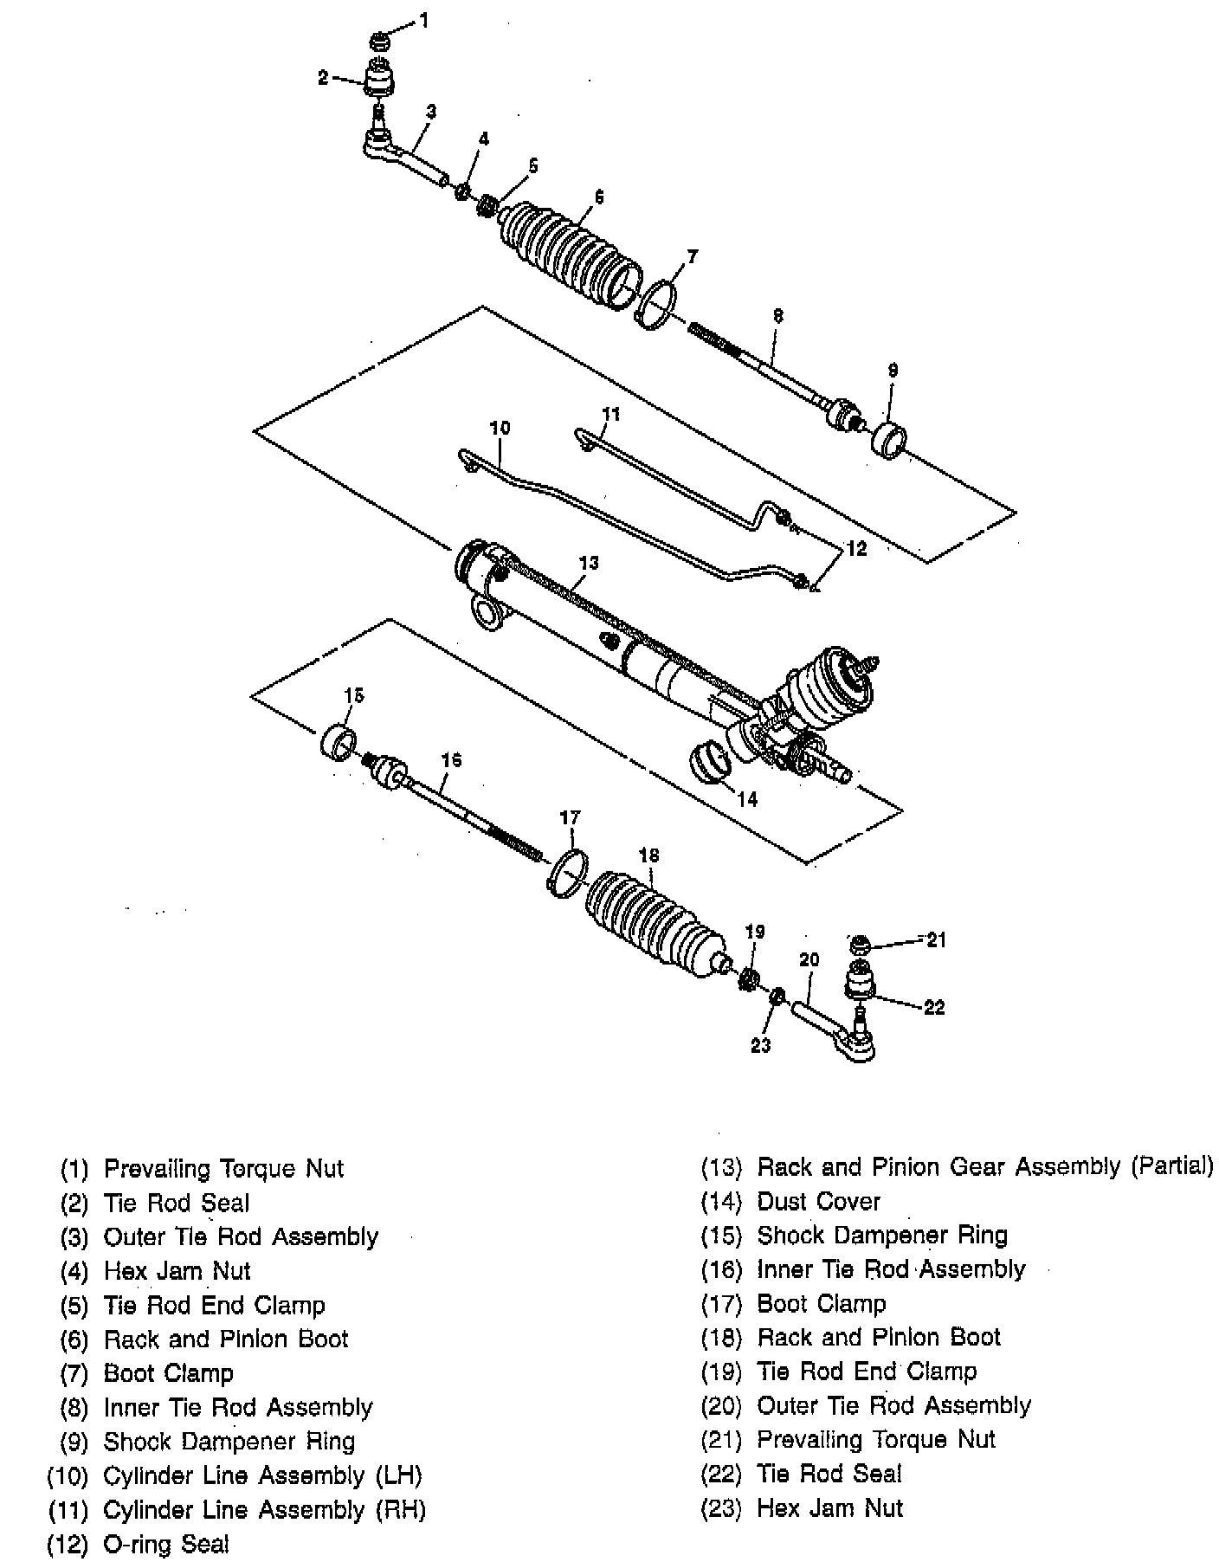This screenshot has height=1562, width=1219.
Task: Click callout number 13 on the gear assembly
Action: click(x=588, y=563)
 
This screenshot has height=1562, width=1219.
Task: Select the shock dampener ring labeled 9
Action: click(x=888, y=439)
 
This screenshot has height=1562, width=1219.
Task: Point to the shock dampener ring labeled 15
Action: click(x=338, y=741)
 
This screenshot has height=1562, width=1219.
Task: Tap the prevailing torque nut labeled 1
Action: click(x=378, y=40)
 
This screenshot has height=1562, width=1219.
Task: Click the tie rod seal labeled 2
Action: click(x=377, y=81)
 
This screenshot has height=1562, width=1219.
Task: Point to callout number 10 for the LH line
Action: click(x=500, y=428)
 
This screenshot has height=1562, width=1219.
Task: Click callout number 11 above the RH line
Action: click(x=611, y=415)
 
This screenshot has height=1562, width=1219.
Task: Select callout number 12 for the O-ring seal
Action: click(x=855, y=549)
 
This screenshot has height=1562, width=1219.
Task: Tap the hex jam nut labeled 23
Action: click(x=777, y=997)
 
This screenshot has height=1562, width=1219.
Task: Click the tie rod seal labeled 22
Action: click(x=861, y=980)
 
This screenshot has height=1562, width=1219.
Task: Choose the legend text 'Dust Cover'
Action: click(x=818, y=1202)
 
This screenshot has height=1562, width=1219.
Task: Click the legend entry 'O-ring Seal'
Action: click(x=166, y=1544)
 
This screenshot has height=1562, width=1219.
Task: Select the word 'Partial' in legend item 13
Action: click(x=1172, y=1166)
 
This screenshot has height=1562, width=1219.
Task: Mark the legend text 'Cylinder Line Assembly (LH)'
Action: click(x=262, y=1475)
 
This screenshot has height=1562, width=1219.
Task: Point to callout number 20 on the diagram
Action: click(x=809, y=959)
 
